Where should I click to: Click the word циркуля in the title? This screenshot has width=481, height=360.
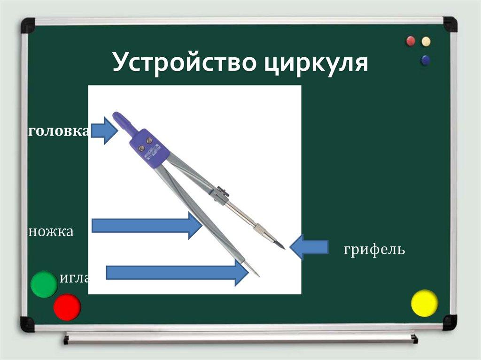pos(315,63)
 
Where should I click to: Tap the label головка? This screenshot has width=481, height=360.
pos(59,131)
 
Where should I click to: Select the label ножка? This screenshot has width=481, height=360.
pos(51,231)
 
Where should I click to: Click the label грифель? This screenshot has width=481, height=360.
pos(374,249)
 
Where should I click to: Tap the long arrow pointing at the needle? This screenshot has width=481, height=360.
pos(177,272)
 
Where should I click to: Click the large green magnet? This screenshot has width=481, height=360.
pos(44,284)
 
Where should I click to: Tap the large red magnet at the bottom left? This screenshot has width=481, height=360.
pos(67,307)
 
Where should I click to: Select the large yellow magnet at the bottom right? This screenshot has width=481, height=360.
pos(424,303)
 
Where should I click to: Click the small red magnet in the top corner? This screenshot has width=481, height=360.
pos(411,41)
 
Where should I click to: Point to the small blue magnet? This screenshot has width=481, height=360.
pos(426,60)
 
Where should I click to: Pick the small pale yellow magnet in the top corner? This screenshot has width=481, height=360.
pos(426,41)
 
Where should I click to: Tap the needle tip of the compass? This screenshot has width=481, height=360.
pos(257,274)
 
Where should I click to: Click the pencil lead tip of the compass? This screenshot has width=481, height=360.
pos(282,246)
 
